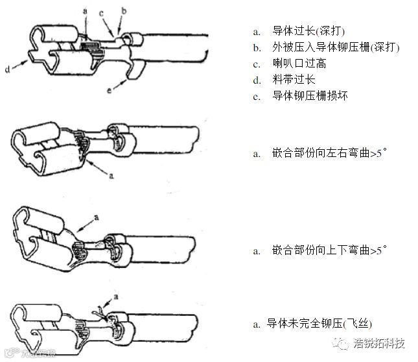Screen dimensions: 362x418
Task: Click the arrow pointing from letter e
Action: click(119, 83)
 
